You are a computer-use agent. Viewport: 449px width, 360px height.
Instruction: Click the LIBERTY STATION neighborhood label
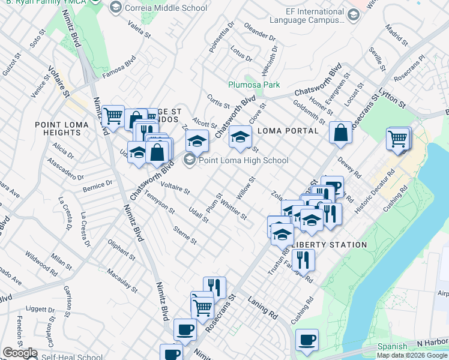pyautogui.click(x=328, y=245)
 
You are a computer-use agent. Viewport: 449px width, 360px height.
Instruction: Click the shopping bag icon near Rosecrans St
pyautogui.click(x=340, y=133)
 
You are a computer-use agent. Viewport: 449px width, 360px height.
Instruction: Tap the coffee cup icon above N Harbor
pyautogui.click(x=307, y=340)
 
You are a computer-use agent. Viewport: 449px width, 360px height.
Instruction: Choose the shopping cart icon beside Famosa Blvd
pyautogui.click(x=112, y=115)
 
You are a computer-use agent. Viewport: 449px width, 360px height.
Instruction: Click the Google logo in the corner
pyautogui.click(x=20, y=353)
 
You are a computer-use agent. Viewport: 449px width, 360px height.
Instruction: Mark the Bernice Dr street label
pyautogui.click(x=101, y=183)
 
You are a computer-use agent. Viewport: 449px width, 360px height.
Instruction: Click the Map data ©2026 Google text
pyautogui.click(x=412, y=355)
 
